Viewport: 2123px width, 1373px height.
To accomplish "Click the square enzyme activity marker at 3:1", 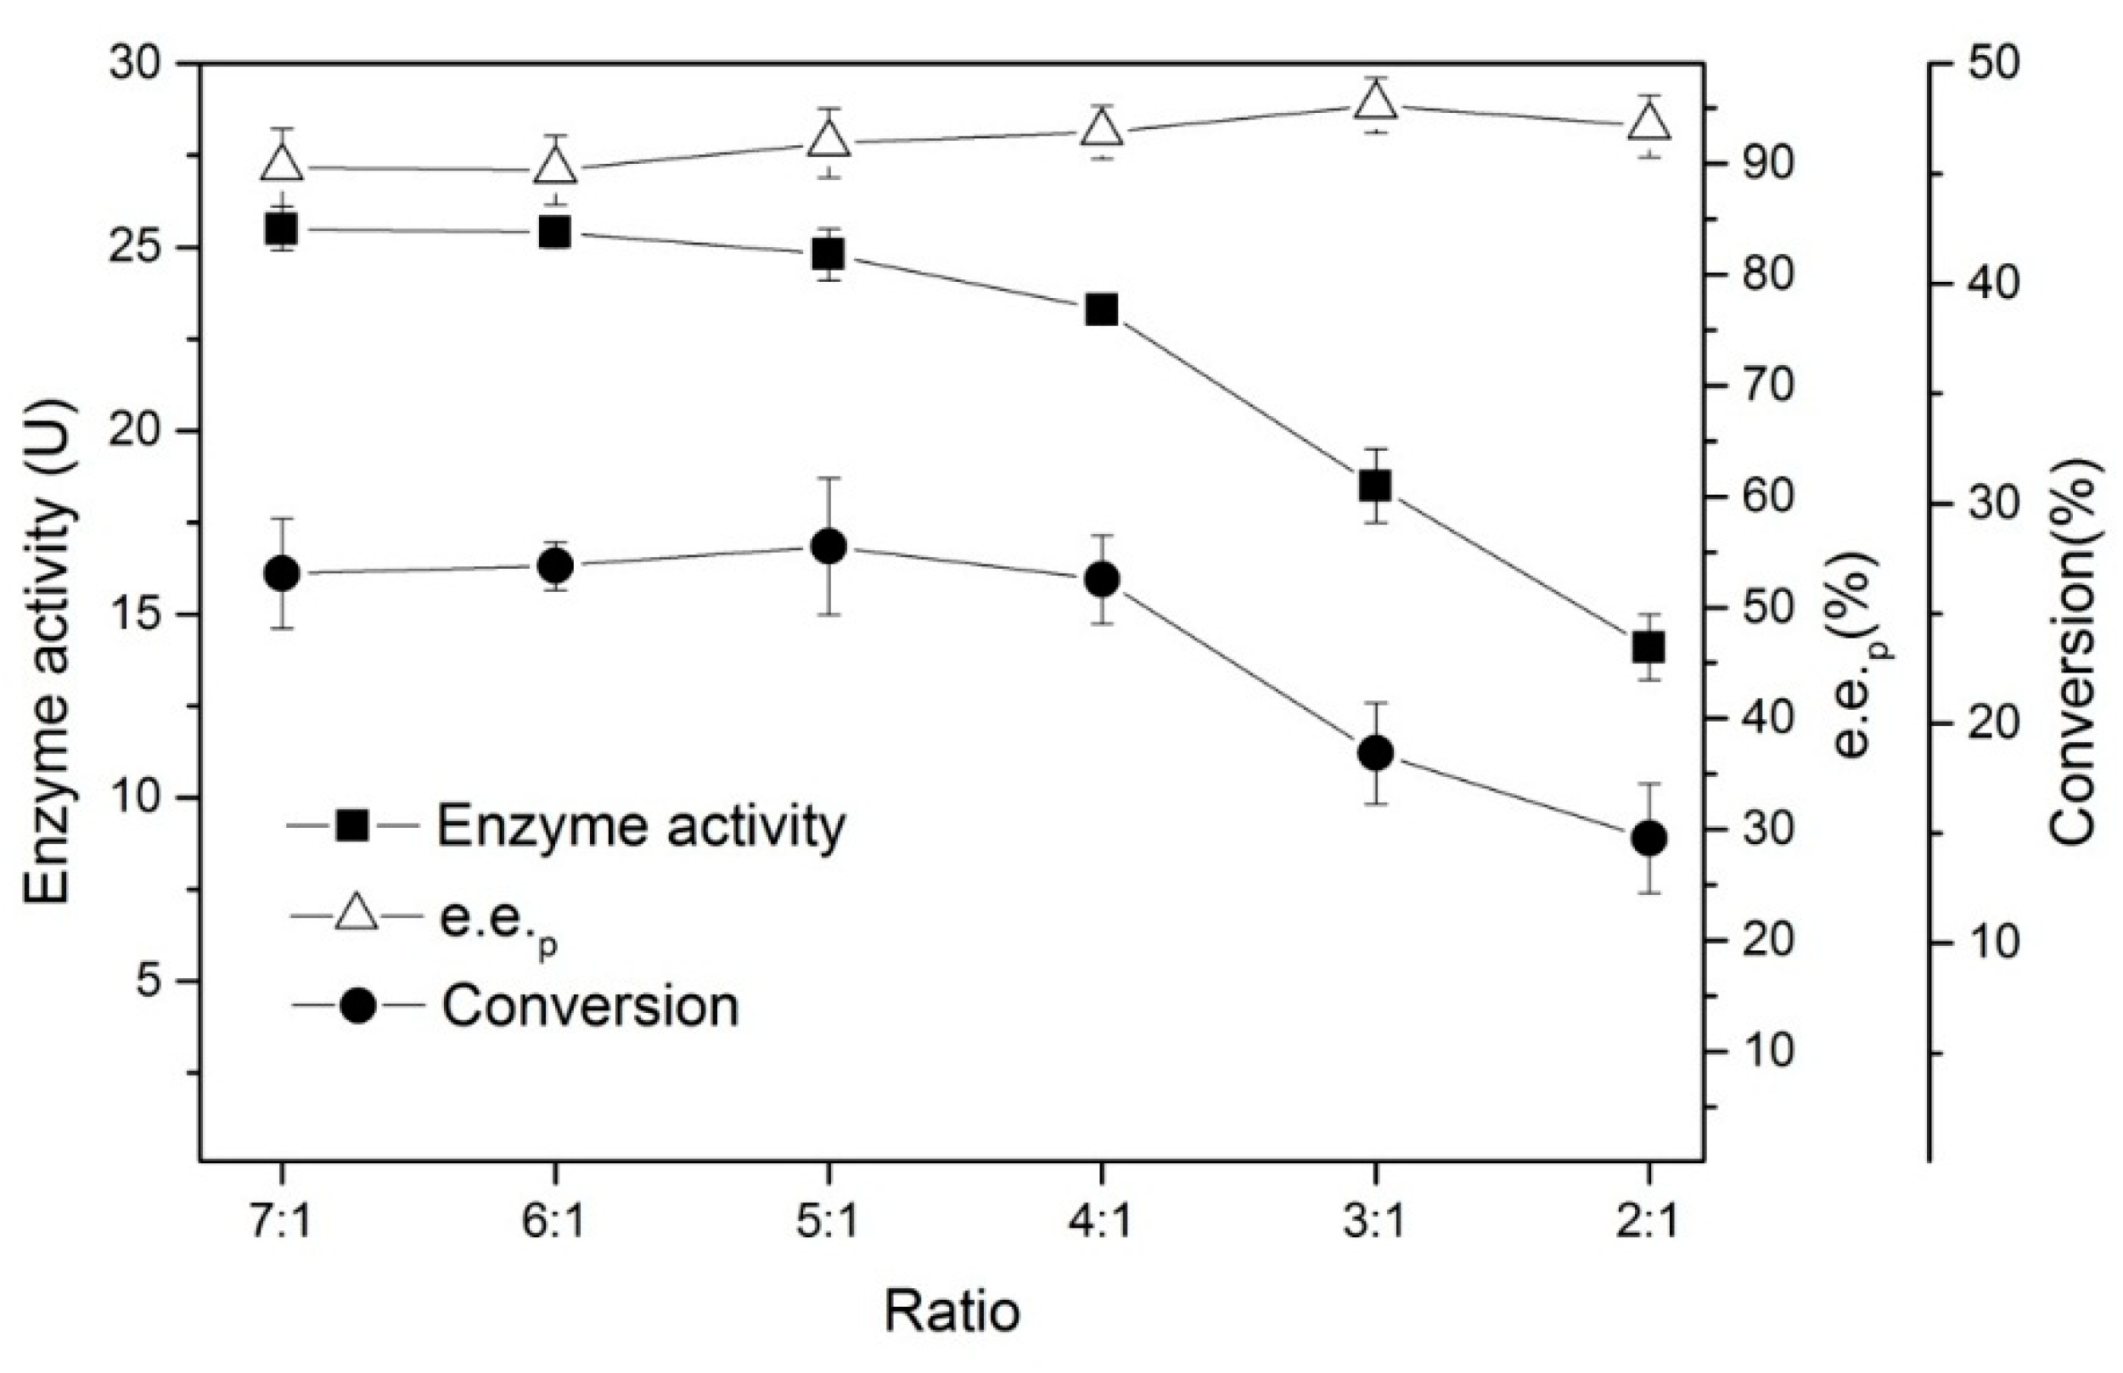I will coord(1375,486).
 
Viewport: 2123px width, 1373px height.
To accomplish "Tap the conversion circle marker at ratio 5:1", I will coord(828,548).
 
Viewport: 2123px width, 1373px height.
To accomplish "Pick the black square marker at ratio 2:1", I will coord(1648,647).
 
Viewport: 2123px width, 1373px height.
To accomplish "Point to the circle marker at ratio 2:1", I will coord(1648,838).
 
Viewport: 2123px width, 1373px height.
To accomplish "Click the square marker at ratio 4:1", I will coord(1102,310).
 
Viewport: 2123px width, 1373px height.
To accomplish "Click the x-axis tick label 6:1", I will coord(554,1224).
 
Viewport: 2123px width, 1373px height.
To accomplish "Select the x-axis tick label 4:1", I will coord(1102,1224).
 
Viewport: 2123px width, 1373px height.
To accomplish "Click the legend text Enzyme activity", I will coord(640,826).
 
